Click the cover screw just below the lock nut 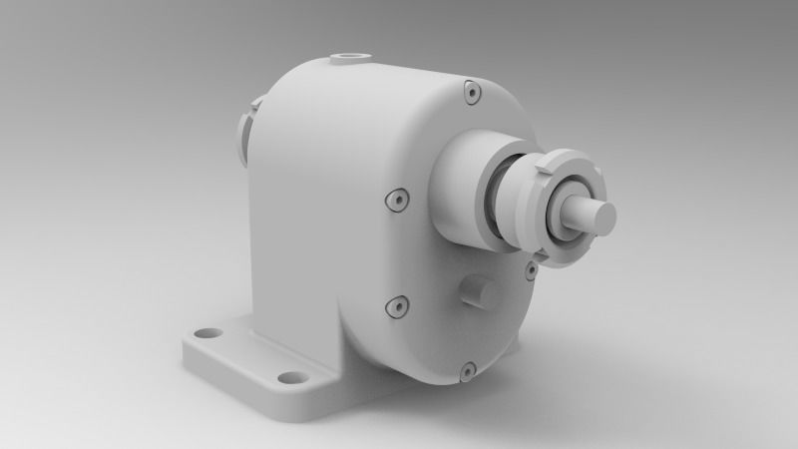tap(532, 269)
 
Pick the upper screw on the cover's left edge tap(397, 200)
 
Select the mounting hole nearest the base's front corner tap(291, 378)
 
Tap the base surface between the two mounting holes tap(249, 355)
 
